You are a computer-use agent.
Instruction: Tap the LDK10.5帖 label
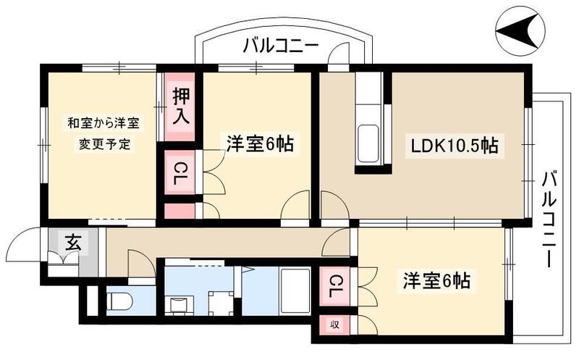[x=454, y=146]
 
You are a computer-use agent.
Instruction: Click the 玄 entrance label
[x=73, y=242]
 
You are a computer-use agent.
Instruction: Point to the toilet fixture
[x=119, y=301]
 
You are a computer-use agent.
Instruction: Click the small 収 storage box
[x=335, y=324]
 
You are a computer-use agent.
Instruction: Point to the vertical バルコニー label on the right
[x=549, y=217]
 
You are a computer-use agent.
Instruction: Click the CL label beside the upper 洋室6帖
[x=179, y=173]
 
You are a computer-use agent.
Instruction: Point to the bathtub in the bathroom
[x=295, y=291]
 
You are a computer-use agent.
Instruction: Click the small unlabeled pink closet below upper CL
[x=179, y=212]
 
